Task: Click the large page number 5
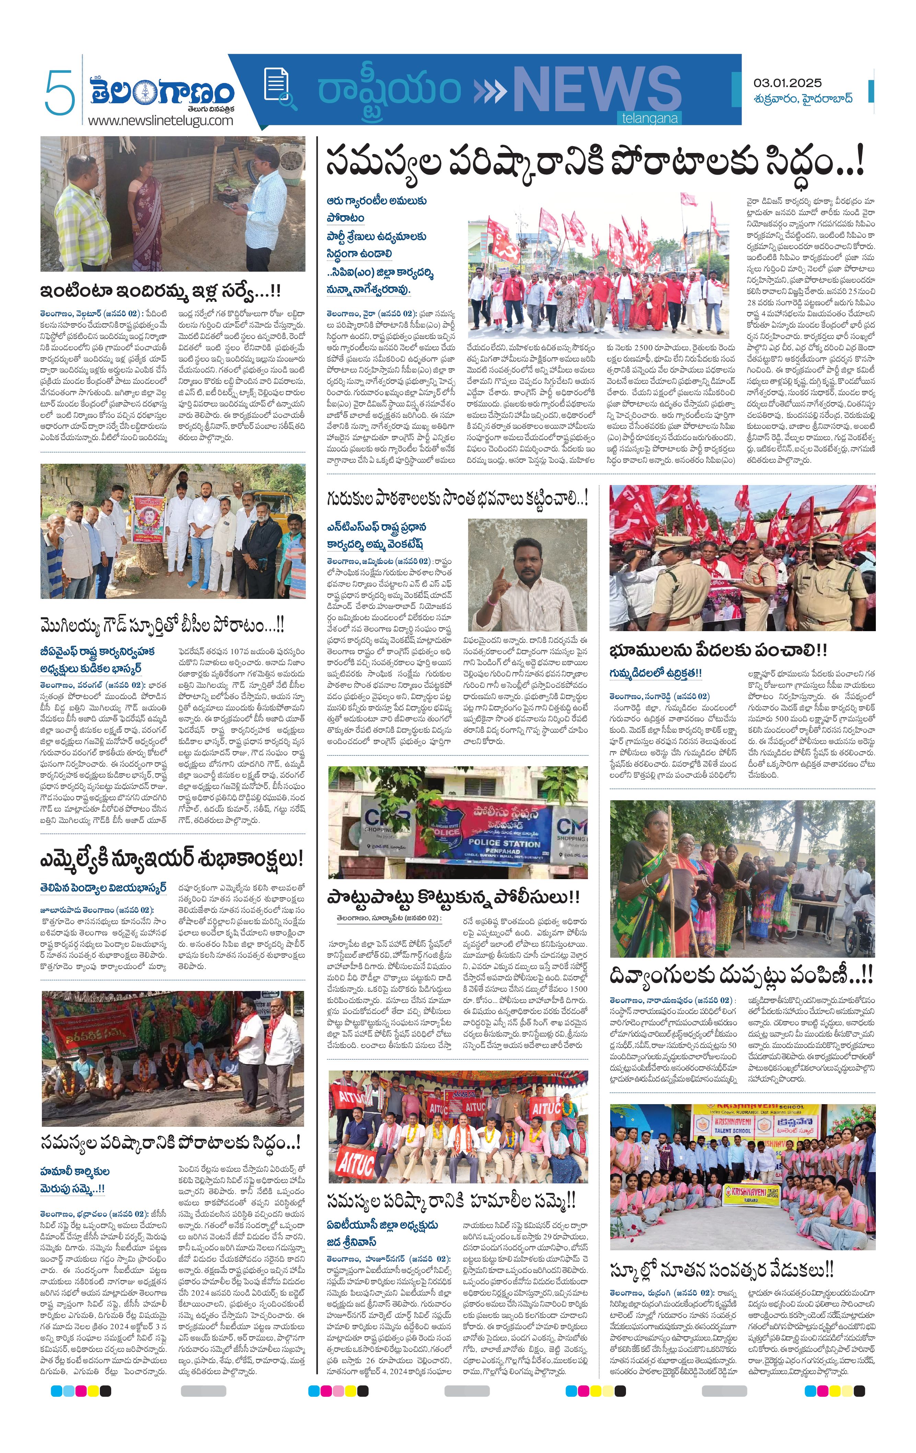click(59, 92)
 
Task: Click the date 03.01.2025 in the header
click(787, 83)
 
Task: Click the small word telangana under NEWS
click(649, 118)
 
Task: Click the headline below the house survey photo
click(160, 292)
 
